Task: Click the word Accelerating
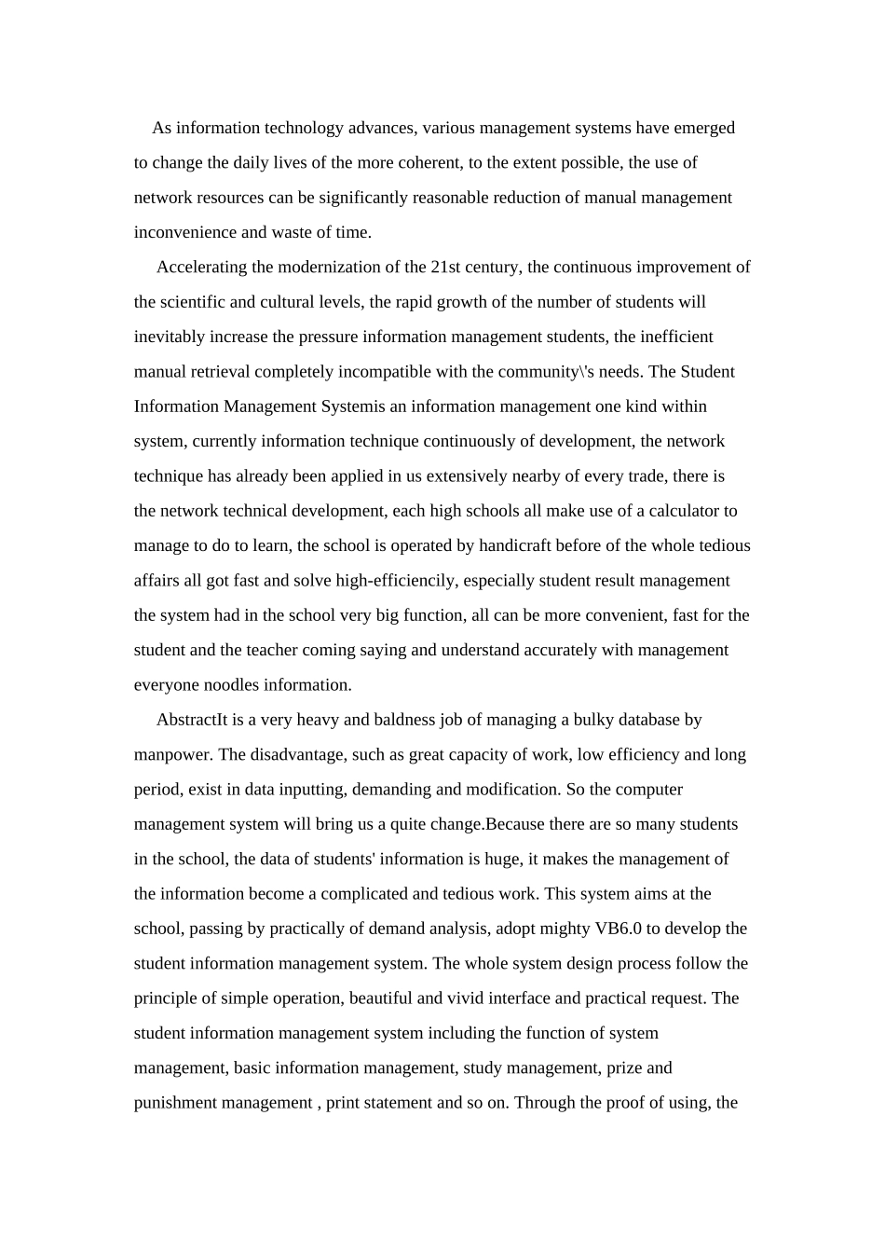[x=201, y=268]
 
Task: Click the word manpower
[x=173, y=755]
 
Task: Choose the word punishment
[x=176, y=1103]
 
